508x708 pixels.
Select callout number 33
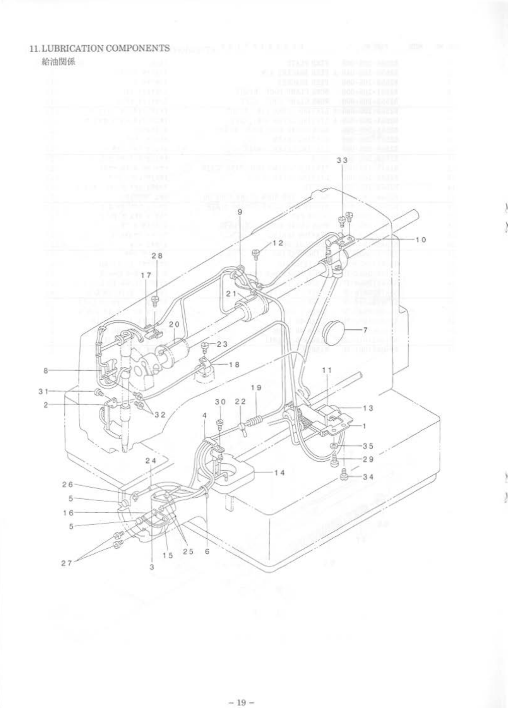342,160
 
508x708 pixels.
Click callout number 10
421,240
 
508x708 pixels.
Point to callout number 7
365,330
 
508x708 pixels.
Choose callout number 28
157,255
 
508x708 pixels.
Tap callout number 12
278,243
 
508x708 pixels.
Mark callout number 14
279,472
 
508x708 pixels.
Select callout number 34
368,477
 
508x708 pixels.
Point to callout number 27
66,563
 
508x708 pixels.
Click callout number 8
46,370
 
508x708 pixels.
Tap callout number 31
43,391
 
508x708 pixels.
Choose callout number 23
222,344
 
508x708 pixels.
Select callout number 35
368,446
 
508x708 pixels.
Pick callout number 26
67,484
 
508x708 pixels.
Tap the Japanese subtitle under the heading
59,62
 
